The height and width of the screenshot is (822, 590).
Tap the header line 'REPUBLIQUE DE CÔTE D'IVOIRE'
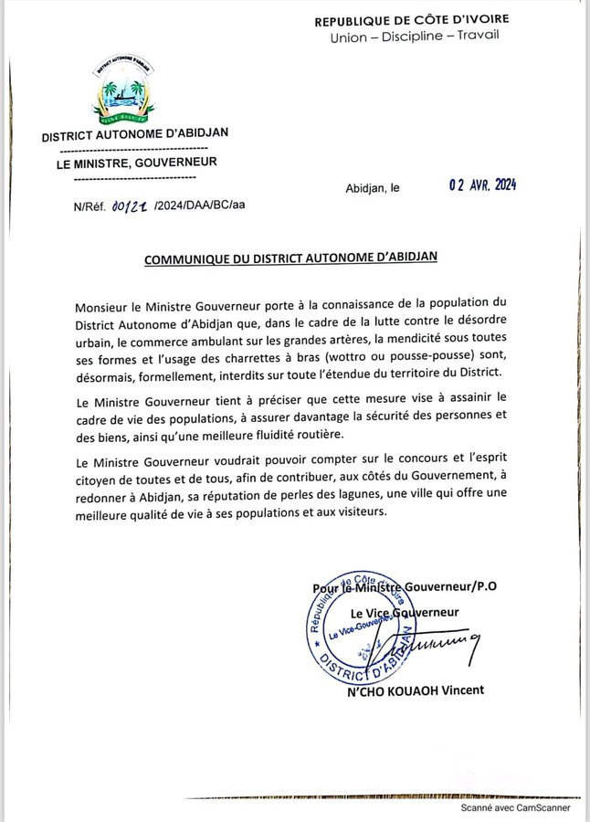pos(425,20)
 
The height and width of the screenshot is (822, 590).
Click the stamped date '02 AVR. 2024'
pos(482,185)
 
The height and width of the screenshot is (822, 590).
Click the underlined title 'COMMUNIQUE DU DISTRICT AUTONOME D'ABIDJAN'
pos(290,258)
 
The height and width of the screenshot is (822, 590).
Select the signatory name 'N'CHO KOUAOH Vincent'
pos(415,690)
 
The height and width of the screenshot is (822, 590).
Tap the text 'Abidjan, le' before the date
pos(373,188)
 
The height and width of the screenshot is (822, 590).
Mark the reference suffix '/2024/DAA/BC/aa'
pos(200,206)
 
